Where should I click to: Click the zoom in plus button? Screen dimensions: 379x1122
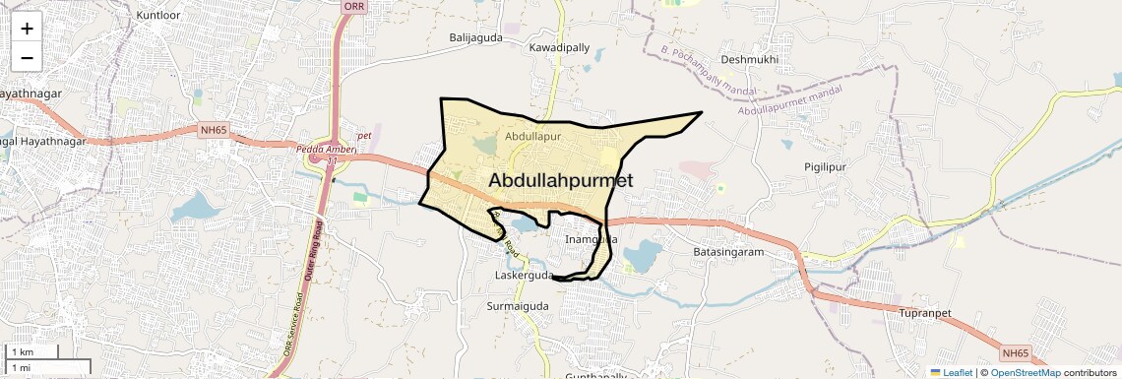pos(27,28)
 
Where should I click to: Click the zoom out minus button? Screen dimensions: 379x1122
pos(27,57)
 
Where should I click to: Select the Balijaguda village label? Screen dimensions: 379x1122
pos(476,37)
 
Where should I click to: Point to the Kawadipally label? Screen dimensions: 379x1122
pos(559,47)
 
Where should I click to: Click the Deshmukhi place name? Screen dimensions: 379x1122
pos(750,59)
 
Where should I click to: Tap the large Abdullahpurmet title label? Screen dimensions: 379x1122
pos(560,179)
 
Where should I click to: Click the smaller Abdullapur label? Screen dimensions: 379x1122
pos(532,136)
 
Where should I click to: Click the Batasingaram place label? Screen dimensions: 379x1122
pos(729,252)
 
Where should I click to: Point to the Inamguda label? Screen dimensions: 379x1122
pos(592,239)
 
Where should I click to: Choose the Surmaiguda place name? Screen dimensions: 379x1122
pos(518,306)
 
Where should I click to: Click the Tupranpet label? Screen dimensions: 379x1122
pos(926,313)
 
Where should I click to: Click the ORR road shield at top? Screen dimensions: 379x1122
pos(353,6)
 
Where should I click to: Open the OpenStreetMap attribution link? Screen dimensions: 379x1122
pos(1025,372)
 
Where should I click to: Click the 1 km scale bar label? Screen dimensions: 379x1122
pos(22,352)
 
